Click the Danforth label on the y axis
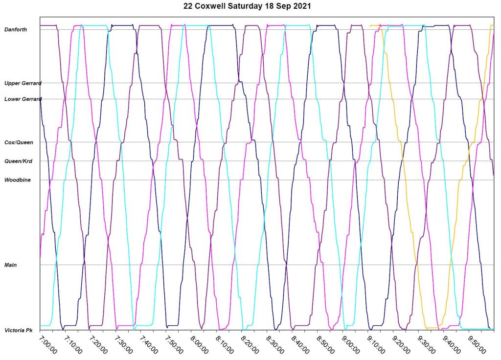tap(16, 30)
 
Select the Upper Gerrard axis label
tap(23, 83)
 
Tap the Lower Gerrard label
tap(23, 99)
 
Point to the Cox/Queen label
tap(19, 142)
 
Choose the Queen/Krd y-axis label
tap(18, 161)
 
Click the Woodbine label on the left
tap(18, 180)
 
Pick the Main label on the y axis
tap(11, 265)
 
